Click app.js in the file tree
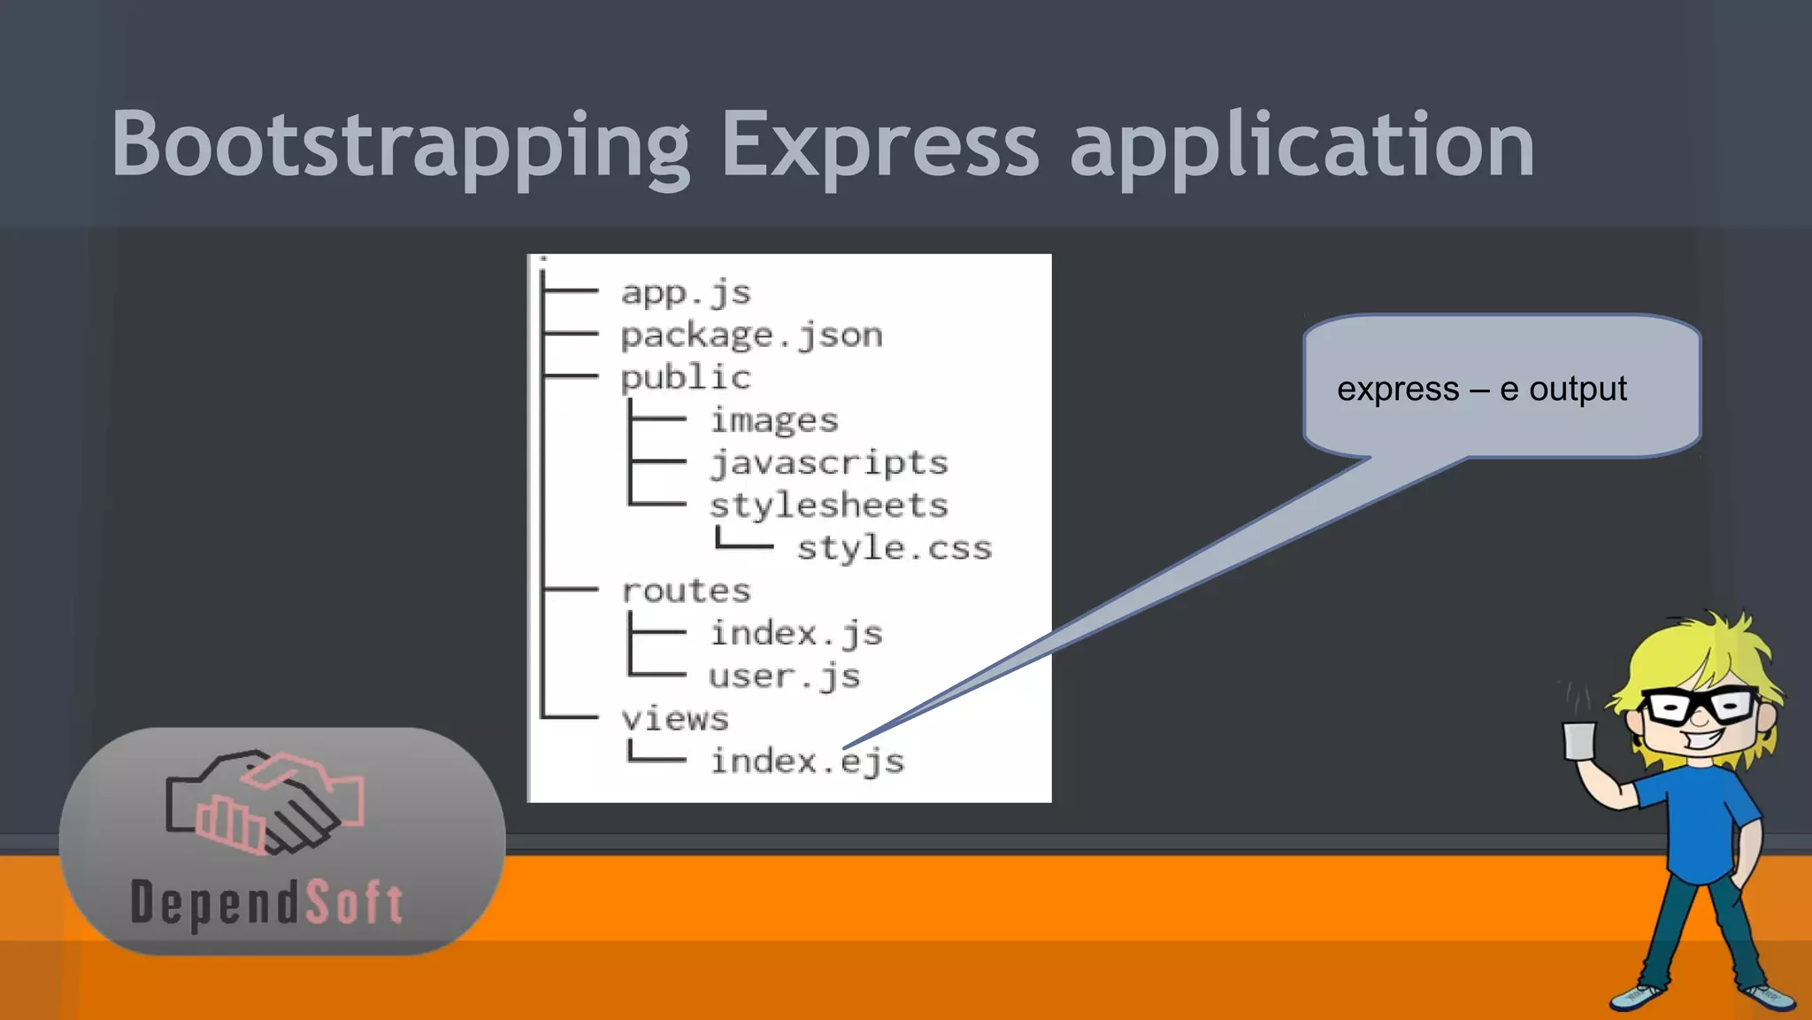[686, 292]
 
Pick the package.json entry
[751, 336]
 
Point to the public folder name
[686, 378]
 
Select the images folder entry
[774, 421]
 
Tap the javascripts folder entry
[829, 463]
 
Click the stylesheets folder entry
[829, 506]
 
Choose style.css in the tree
[894, 548]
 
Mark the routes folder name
[686, 591]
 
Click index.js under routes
[796, 634]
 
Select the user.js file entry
[784, 676]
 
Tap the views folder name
[675, 719]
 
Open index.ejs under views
[807, 761]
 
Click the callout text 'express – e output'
[1481, 390]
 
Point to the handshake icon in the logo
[265, 802]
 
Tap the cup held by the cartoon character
[1579, 740]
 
